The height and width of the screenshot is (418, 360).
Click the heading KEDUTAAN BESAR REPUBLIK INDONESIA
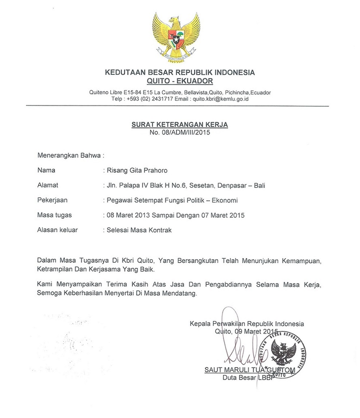click(x=179, y=72)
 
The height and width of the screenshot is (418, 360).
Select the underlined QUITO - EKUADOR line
click(x=179, y=81)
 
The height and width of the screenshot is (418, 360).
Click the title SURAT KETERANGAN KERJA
click(x=179, y=124)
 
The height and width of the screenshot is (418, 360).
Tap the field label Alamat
click(x=48, y=185)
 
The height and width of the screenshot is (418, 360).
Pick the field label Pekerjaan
click(x=52, y=200)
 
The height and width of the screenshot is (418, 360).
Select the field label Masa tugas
click(x=54, y=215)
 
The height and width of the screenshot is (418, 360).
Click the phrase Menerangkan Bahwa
click(x=69, y=155)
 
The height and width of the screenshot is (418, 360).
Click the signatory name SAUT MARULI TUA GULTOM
click(x=249, y=370)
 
